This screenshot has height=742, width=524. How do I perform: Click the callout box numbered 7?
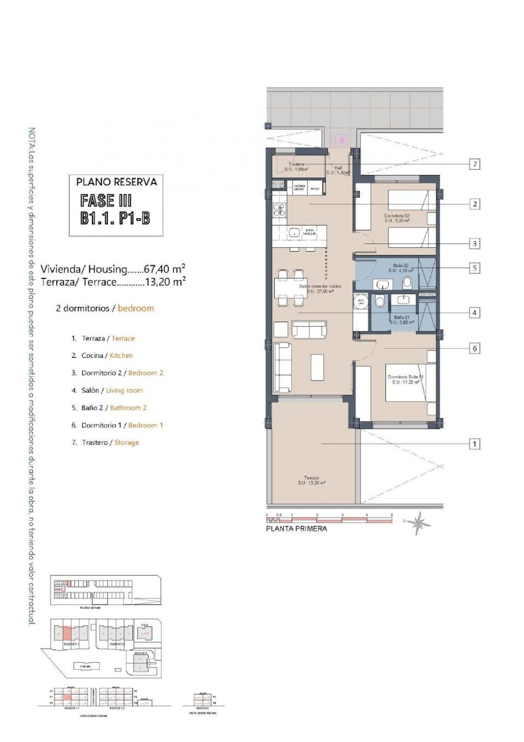click(474, 164)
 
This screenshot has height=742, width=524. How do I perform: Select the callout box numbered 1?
click(474, 444)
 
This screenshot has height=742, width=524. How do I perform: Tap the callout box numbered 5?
click(474, 268)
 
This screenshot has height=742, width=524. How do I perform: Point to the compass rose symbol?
click(418, 522)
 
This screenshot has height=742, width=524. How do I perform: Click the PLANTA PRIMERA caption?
click(297, 529)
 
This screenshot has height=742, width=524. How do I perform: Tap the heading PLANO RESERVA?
click(116, 182)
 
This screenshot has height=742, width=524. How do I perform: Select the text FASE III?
click(106, 201)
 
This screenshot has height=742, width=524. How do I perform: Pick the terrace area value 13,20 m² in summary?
click(165, 281)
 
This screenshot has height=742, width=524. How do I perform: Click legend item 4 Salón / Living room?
click(108, 390)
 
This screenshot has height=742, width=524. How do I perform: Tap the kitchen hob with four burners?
click(279, 210)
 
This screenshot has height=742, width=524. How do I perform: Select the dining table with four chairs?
click(291, 288)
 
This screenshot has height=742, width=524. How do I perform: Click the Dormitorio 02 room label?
click(397, 218)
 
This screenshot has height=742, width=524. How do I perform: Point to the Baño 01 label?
click(402, 319)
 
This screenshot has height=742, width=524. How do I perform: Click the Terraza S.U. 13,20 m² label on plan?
click(312, 480)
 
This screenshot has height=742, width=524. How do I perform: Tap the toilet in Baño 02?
click(407, 282)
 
